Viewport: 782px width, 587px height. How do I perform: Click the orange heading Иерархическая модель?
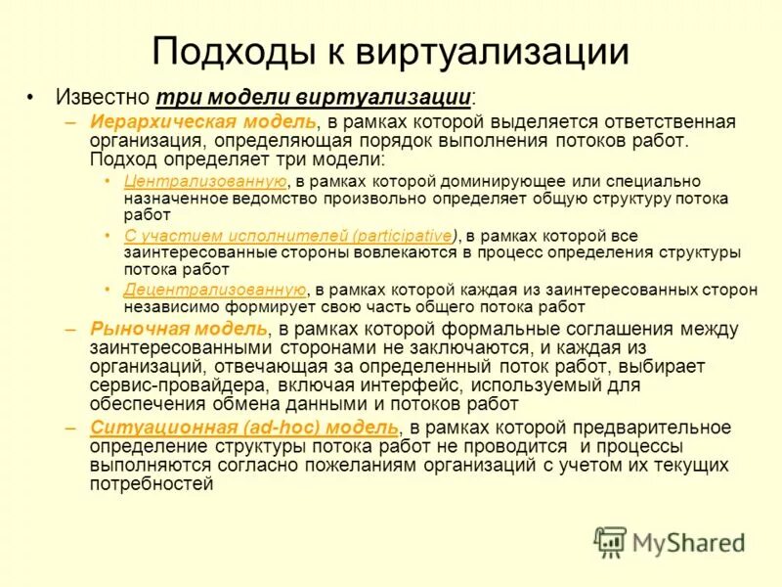[203, 121]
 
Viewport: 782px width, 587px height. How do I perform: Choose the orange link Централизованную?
[205, 181]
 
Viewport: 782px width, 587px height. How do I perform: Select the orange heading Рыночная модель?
[178, 330]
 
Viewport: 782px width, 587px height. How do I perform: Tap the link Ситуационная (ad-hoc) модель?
[244, 429]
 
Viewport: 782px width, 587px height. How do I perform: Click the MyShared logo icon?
[611, 541]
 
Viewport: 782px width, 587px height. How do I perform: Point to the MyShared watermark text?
[689, 542]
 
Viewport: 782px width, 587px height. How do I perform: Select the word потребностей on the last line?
[152, 483]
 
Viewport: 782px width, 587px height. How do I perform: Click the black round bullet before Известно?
[31, 99]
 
